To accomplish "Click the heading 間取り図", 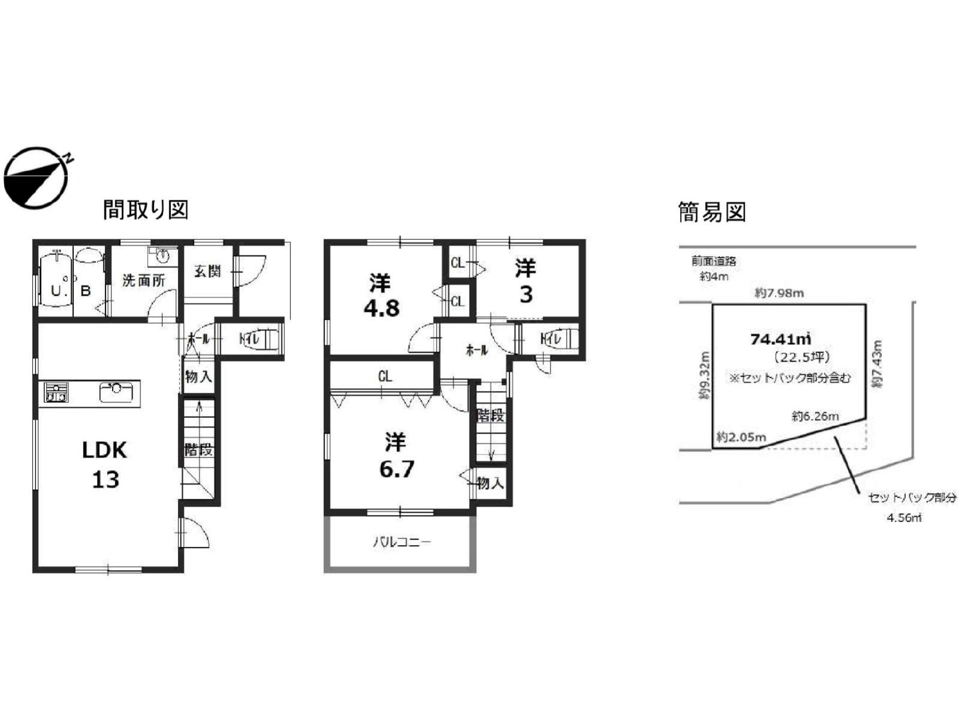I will tap(146, 210).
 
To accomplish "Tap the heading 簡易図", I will tap(711, 212).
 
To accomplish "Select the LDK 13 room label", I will tap(105, 464).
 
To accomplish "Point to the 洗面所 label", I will tap(143, 281).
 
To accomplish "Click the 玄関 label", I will tap(207, 271).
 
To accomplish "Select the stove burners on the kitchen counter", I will tap(56, 393).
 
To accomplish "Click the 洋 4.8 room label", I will tap(381, 295).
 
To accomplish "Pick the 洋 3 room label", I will tap(525, 281).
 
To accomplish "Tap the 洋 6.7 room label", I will tap(396, 456).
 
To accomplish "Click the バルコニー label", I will tap(402, 543).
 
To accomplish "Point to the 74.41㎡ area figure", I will tap(781, 339).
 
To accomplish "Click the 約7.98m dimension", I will tap(779, 293).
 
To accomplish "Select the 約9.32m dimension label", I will tap(704, 376).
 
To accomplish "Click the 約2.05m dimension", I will tap(741, 437).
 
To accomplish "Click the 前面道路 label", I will tap(713, 261).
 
